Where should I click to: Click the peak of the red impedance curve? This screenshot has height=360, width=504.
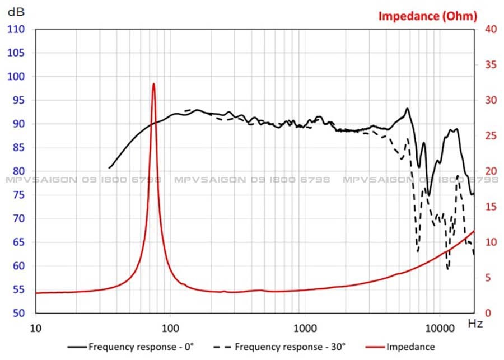pos(153,84)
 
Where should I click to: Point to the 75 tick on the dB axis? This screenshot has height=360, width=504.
pos(18,195)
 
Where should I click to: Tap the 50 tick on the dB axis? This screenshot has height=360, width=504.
pos(18,313)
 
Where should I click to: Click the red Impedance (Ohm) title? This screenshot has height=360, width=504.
pos(427,16)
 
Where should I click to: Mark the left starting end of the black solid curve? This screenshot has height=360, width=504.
pos(109,167)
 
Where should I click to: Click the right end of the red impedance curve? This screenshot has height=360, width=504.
pos(474,231)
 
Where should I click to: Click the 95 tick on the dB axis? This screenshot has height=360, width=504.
pos(18,101)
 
